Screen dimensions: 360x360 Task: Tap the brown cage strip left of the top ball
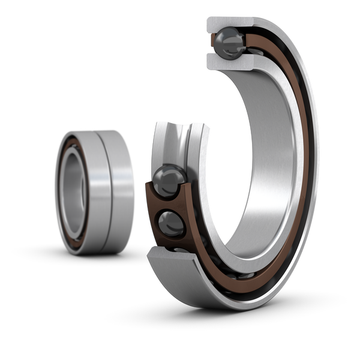point(211,44)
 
